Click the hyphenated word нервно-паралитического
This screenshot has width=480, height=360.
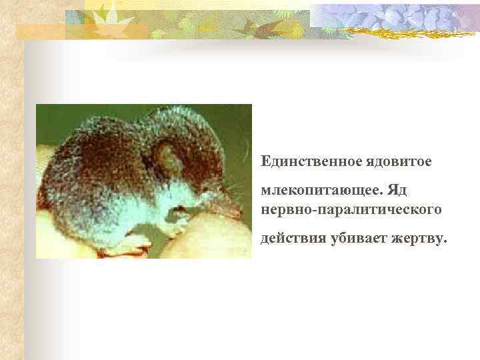tap(351, 209)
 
